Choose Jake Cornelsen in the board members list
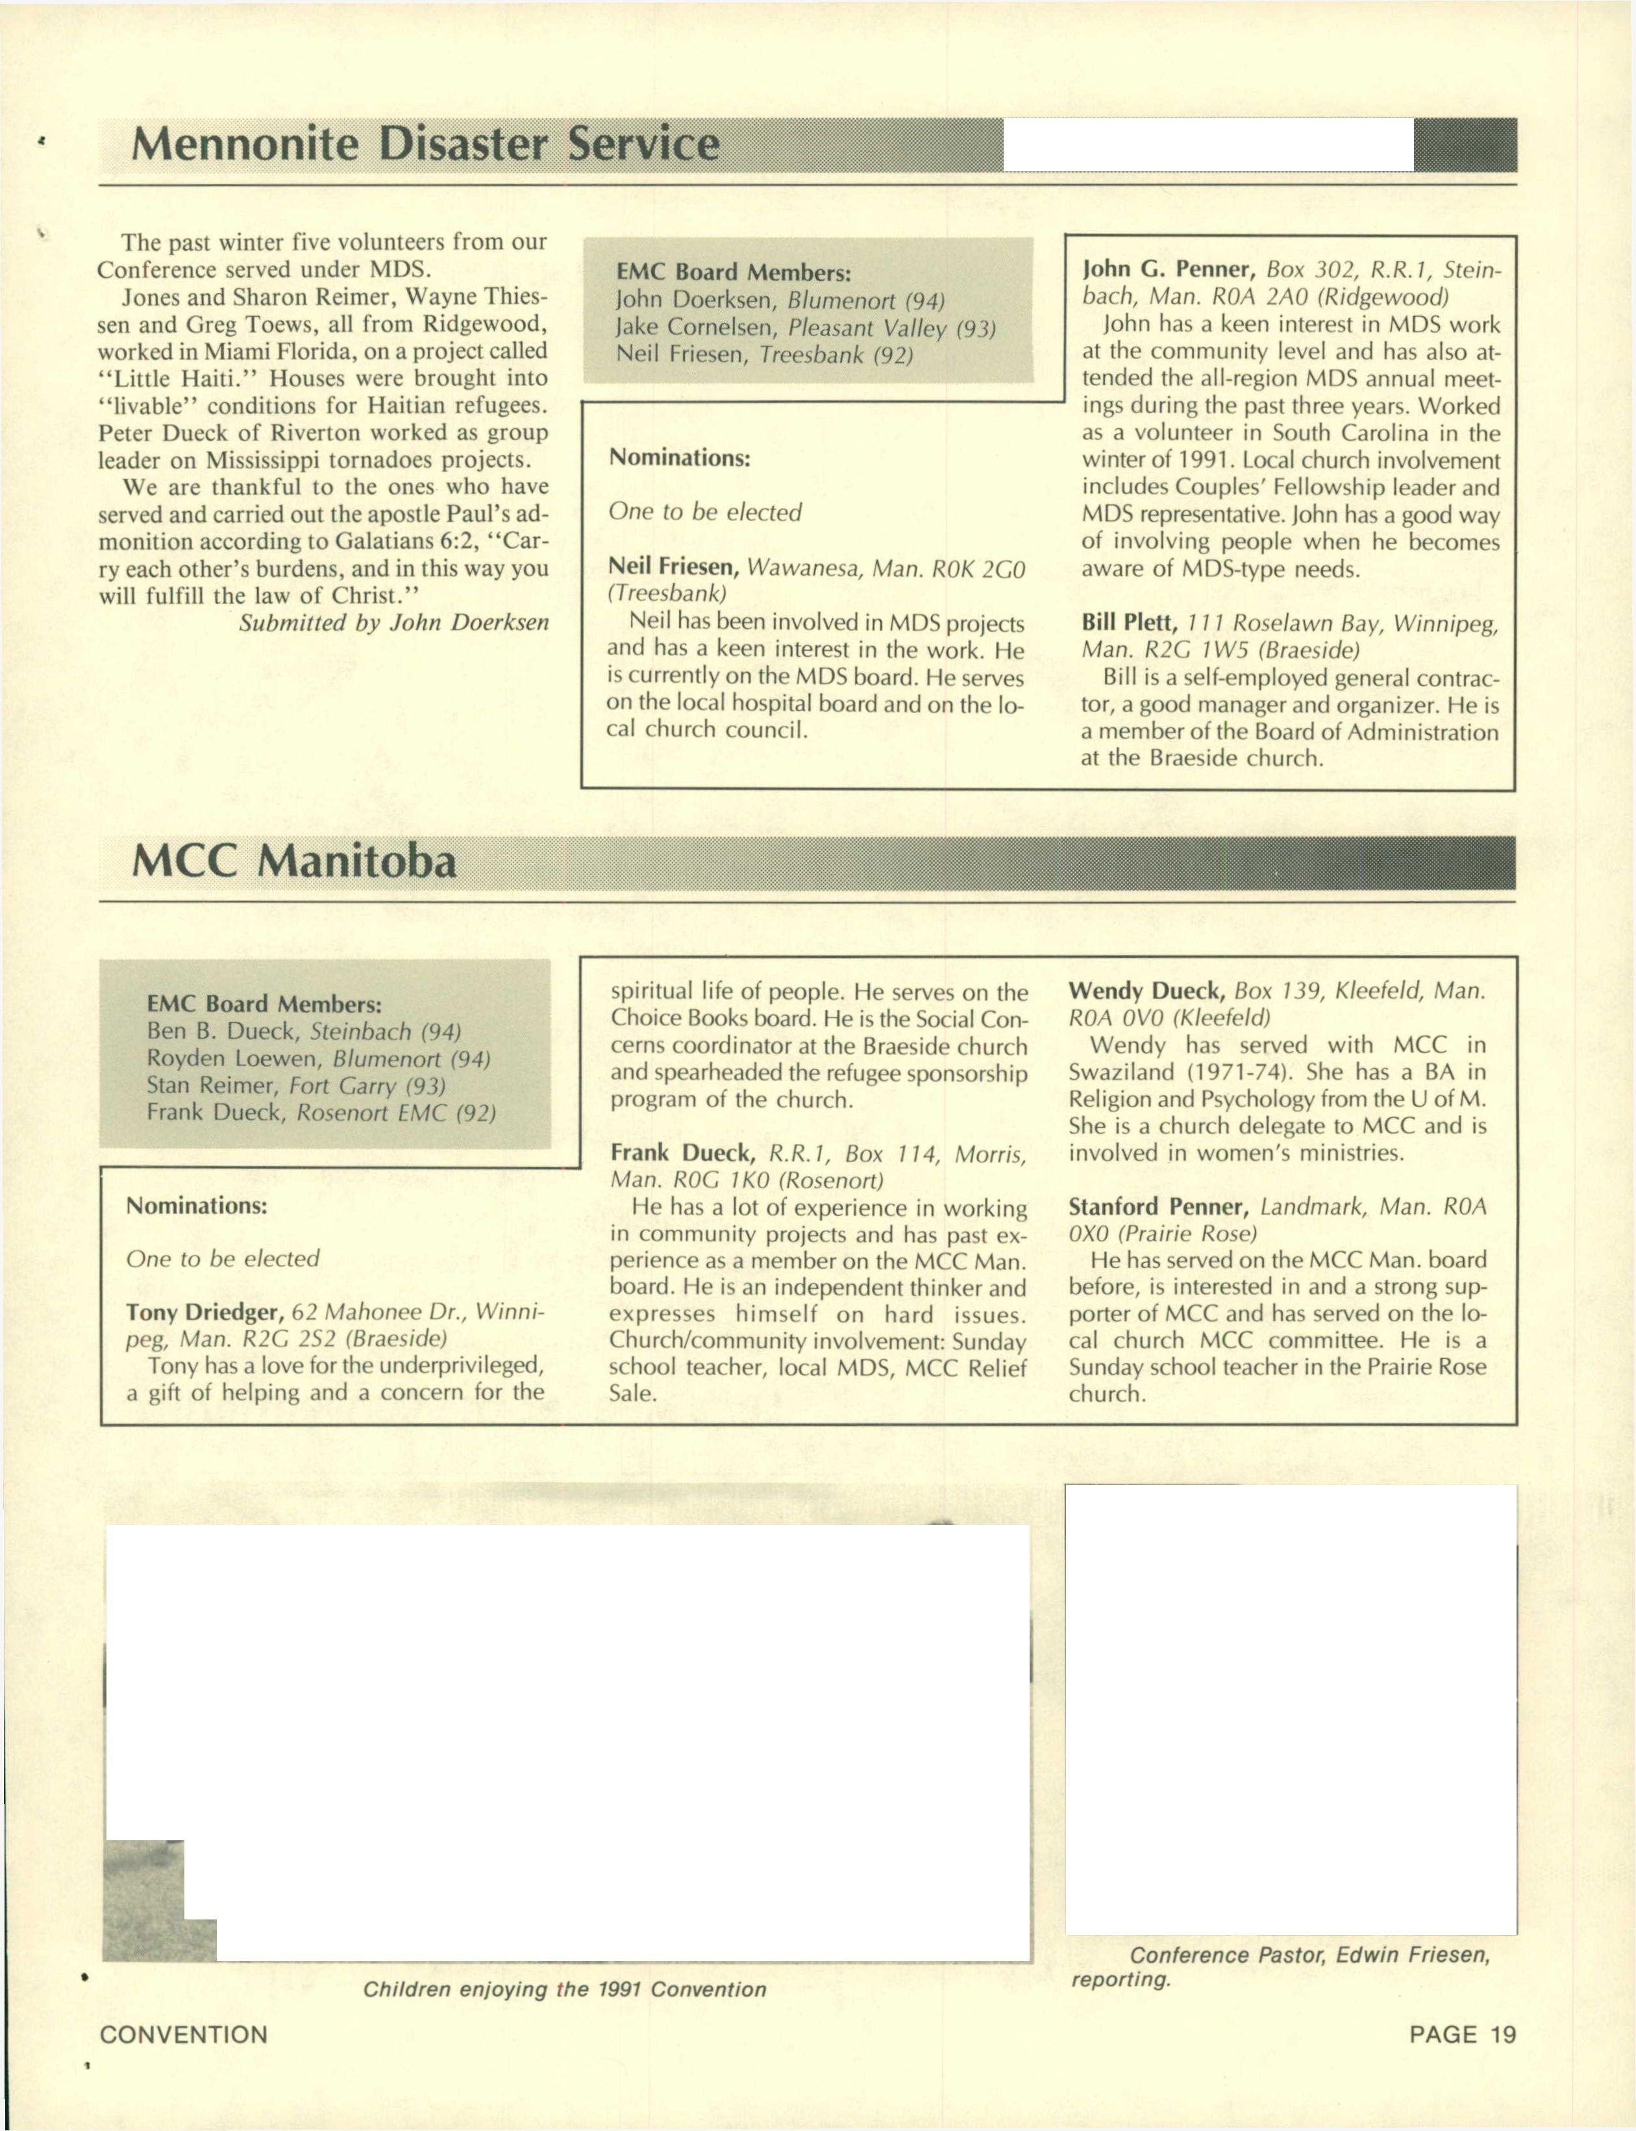(x=695, y=328)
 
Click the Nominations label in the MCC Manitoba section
(x=196, y=1205)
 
